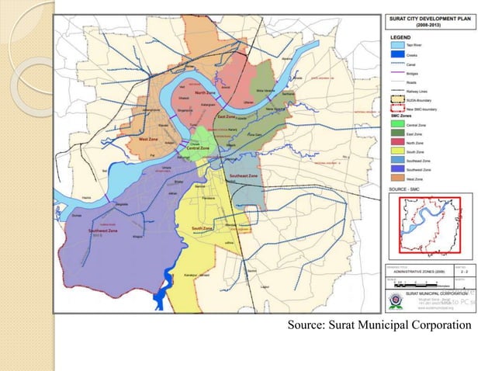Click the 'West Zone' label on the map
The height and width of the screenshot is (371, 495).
(149, 140)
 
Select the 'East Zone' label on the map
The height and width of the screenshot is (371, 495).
(227, 116)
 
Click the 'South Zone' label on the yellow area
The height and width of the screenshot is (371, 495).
(202, 228)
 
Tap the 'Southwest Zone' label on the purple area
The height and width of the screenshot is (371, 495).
(102, 231)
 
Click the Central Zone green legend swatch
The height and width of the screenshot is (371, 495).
(393, 124)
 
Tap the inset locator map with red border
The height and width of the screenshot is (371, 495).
(429, 226)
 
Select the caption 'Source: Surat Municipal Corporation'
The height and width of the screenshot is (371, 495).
(379, 324)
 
